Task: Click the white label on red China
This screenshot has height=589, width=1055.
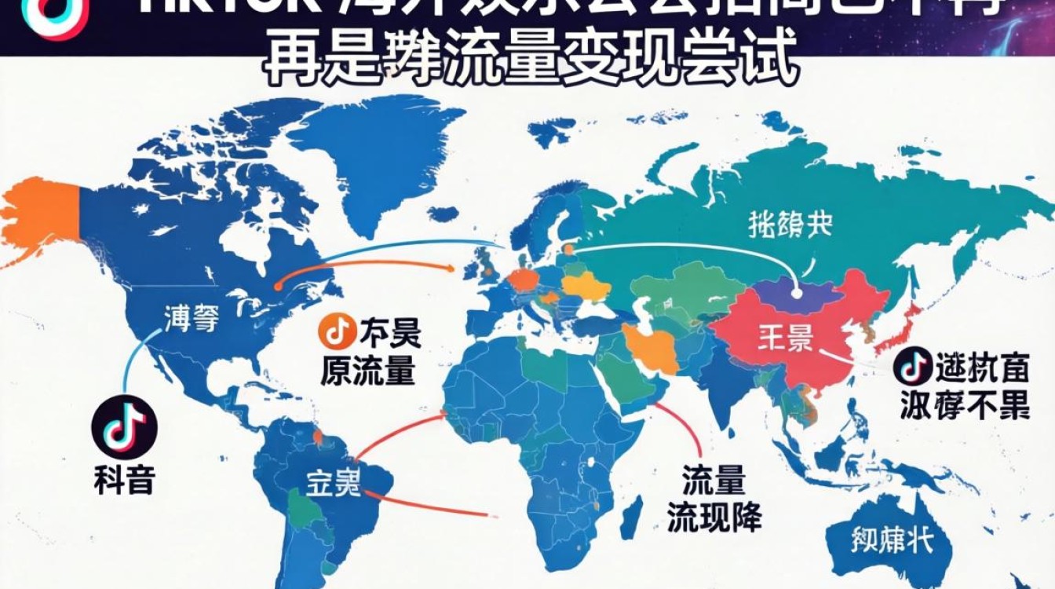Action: point(785,340)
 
